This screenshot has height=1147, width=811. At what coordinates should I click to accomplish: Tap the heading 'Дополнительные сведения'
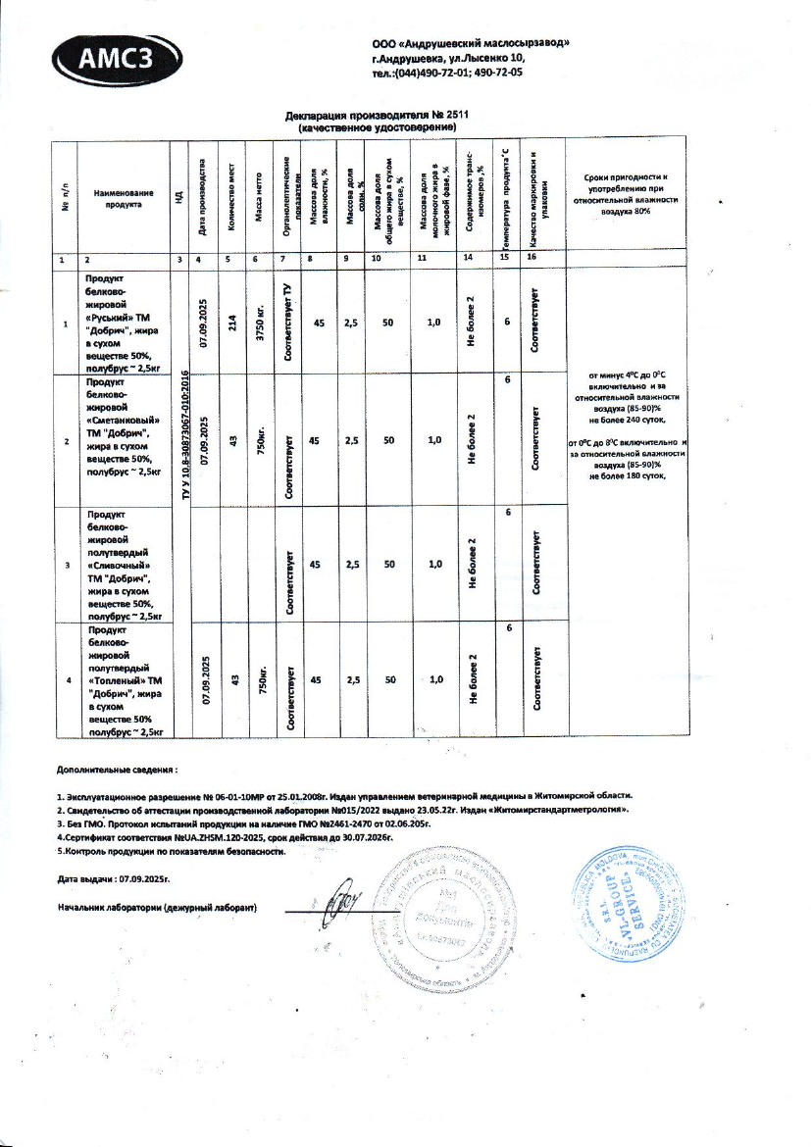coord(118,772)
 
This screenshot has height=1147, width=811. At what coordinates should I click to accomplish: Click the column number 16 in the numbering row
coord(533,259)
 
